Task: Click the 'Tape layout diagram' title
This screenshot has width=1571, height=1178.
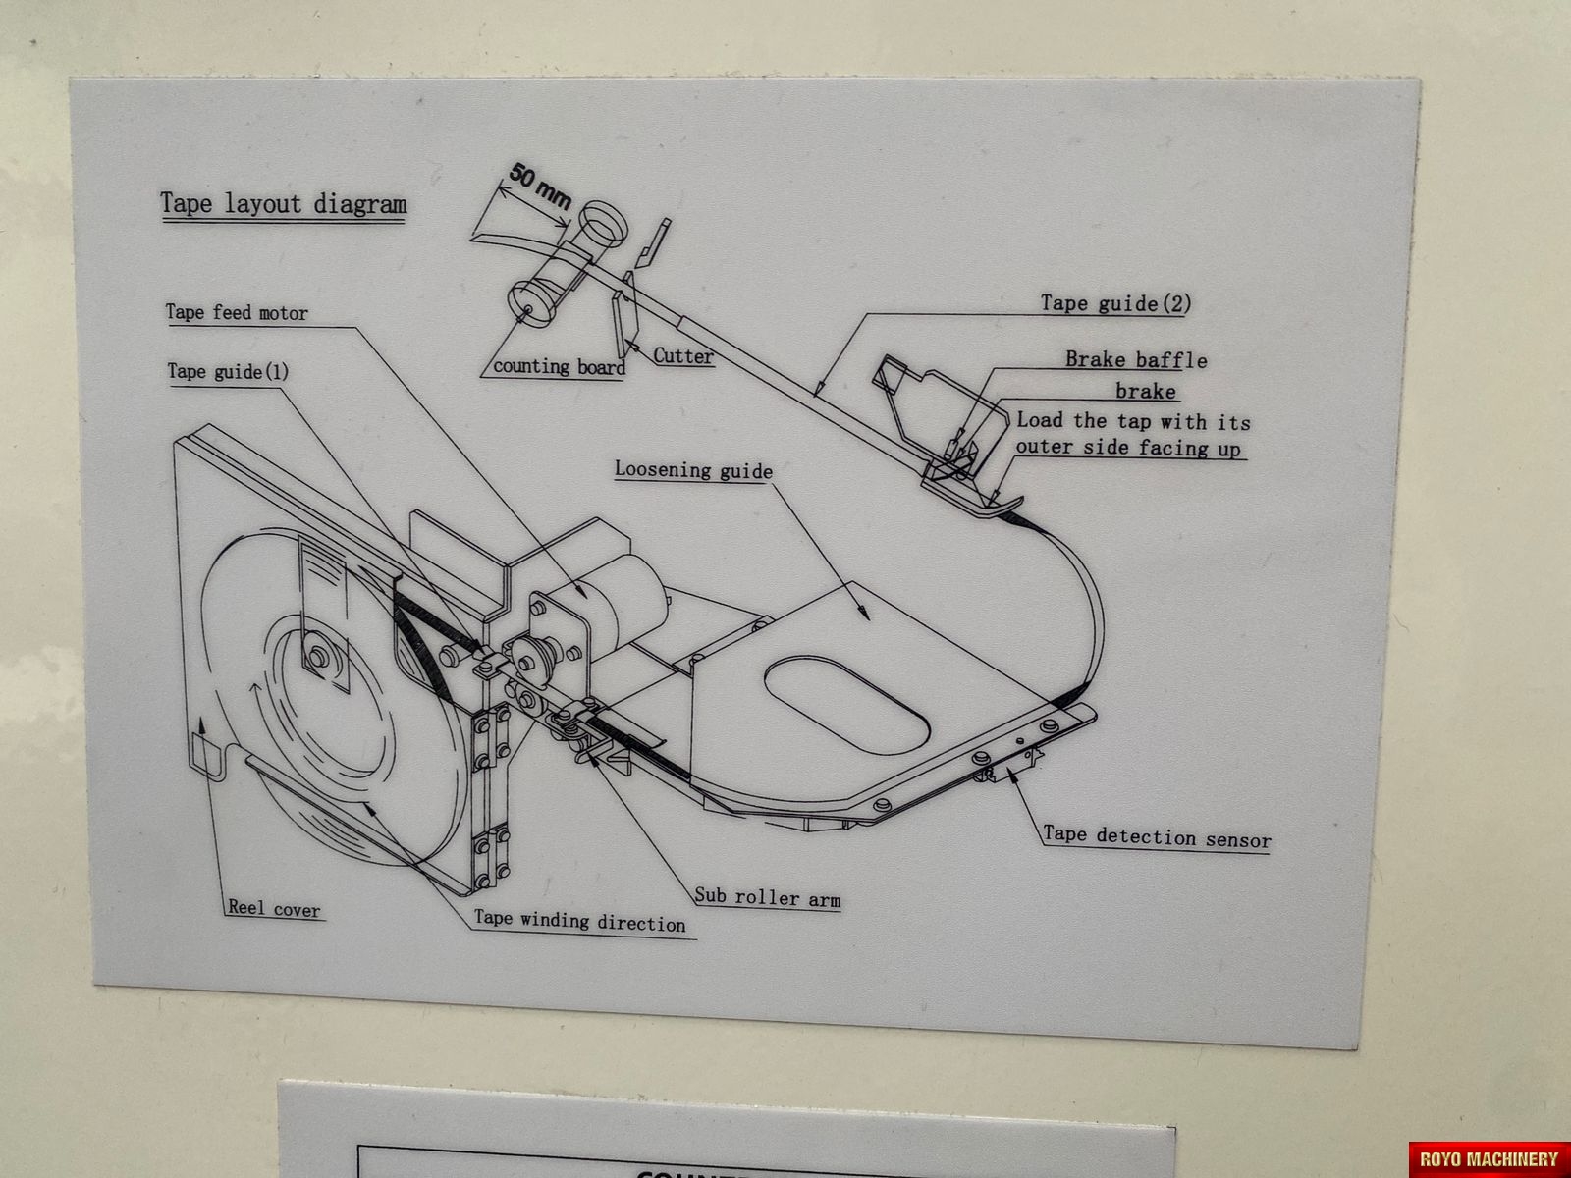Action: click(283, 204)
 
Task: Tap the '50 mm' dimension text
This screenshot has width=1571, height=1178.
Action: click(539, 186)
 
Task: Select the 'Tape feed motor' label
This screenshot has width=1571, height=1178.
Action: click(237, 313)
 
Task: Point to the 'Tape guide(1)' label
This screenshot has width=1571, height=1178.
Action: click(228, 371)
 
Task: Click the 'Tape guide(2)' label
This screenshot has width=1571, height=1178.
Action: click(1115, 303)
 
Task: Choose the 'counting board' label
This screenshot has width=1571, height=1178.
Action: click(558, 367)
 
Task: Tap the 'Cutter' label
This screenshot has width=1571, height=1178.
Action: click(683, 355)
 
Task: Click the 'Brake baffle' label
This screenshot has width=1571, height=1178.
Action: click(1136, 360)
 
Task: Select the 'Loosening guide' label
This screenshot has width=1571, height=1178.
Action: click(693, 470)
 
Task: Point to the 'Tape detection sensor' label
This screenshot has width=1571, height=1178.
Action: click(1157, 838)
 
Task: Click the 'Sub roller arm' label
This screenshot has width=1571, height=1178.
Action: click(768, 897)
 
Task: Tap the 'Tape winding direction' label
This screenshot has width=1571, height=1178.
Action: click(579, 923)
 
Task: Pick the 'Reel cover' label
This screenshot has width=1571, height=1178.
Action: click(274, 909)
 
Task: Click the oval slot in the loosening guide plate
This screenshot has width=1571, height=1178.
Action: click(846, 704)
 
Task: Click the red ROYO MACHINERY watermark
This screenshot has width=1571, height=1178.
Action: click(1489, 1158)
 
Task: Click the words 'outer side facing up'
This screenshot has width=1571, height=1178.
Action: click(1128, 449)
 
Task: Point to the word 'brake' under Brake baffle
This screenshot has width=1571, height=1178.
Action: click(1145, 392)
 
